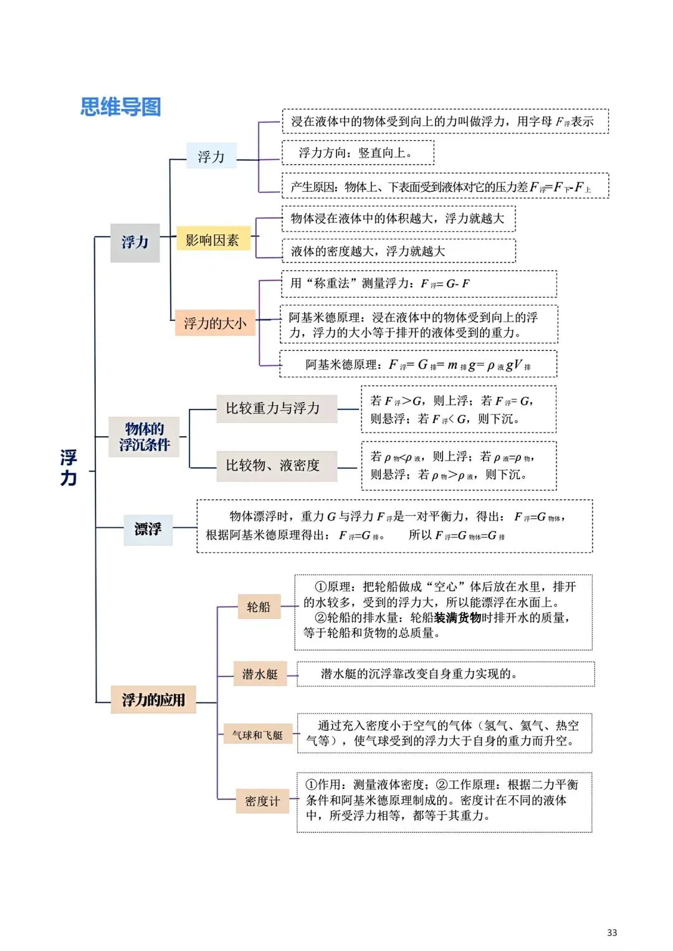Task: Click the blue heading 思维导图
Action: point(121,107)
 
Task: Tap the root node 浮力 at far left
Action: point(69,467)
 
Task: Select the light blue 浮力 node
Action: point(211,156)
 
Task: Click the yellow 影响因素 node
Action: point(212,240)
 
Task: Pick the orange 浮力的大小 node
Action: point(215,323)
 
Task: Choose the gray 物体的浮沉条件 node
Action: point(144,436)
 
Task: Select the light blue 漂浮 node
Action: point(148,529)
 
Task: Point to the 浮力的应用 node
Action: point(153,700)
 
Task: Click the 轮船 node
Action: point(259,606)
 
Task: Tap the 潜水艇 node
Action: point(260,674)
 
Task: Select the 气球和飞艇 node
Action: point(257,735)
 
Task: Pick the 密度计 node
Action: point(262,801)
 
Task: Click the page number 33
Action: point(612,932)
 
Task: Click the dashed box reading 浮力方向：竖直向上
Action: point(357,153)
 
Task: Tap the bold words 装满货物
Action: point(458,618)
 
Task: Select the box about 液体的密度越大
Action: point(398,251)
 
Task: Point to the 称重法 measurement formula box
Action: point(418,284)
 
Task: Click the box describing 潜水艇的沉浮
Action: point(445,674)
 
